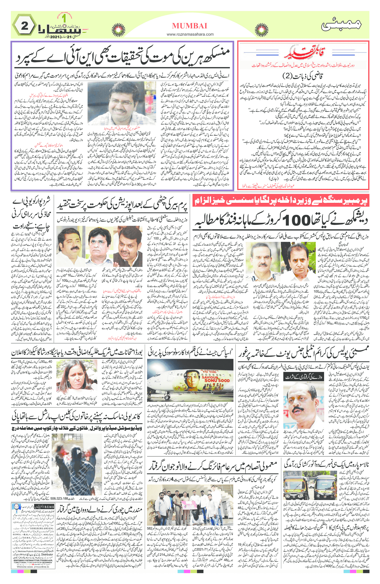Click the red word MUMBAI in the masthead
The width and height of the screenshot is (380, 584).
coord(190,26)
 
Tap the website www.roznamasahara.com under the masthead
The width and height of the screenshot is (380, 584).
coord(190,34)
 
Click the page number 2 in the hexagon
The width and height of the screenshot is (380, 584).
coord(24,26)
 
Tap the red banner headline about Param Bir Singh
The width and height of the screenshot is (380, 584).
coord(281,201)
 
